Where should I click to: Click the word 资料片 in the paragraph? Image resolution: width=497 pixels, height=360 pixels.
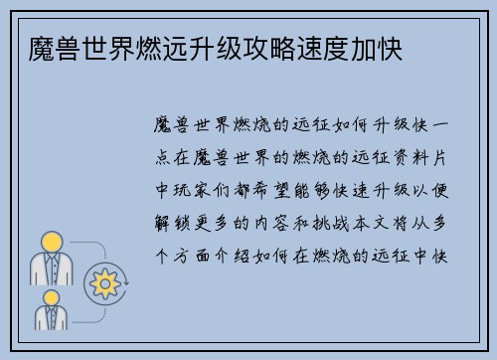[431, 157]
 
